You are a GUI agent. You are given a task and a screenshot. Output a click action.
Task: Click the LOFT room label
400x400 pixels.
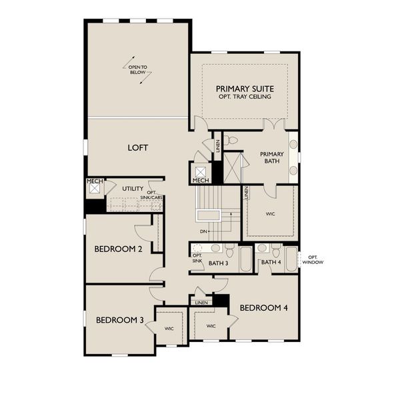pos(138,148)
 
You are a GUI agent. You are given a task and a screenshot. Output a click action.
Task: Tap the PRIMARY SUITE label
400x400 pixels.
pos(245,89)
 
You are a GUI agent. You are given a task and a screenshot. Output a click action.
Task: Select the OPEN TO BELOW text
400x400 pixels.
pos(138,69)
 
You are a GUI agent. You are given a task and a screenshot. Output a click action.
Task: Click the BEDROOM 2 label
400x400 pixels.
pos(118,249)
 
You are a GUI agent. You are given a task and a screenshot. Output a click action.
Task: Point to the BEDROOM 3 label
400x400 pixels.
pos(119,320)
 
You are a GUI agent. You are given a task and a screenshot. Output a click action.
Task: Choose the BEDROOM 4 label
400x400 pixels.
pos(263,308)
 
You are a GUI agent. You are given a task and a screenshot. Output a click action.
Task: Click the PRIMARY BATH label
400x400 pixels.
pos(271,157)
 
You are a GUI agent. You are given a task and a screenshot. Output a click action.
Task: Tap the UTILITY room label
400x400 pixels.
pos(132,189)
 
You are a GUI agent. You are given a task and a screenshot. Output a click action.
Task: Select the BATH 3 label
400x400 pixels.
pos(218,263)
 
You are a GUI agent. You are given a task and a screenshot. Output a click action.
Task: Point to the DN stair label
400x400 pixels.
pos(203,231)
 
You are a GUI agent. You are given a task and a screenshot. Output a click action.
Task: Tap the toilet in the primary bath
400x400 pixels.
pos(231,141)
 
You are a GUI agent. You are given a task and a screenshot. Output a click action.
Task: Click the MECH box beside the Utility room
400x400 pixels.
pos(94,187)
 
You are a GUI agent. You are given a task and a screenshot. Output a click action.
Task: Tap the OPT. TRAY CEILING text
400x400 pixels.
pos(245,97)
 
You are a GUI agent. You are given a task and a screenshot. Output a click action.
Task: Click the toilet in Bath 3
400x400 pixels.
pos(229,252)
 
